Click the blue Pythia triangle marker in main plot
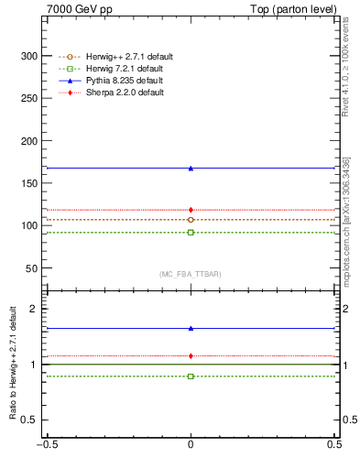[191, 169]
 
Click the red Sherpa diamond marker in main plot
[191, 210]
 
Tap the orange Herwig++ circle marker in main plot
[191, 220]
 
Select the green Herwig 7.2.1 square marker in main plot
[191, 233]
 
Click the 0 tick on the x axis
[191, 458]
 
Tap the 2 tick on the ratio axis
[38, 310]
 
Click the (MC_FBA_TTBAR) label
[190, 274]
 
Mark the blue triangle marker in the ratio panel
[191, 328]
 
